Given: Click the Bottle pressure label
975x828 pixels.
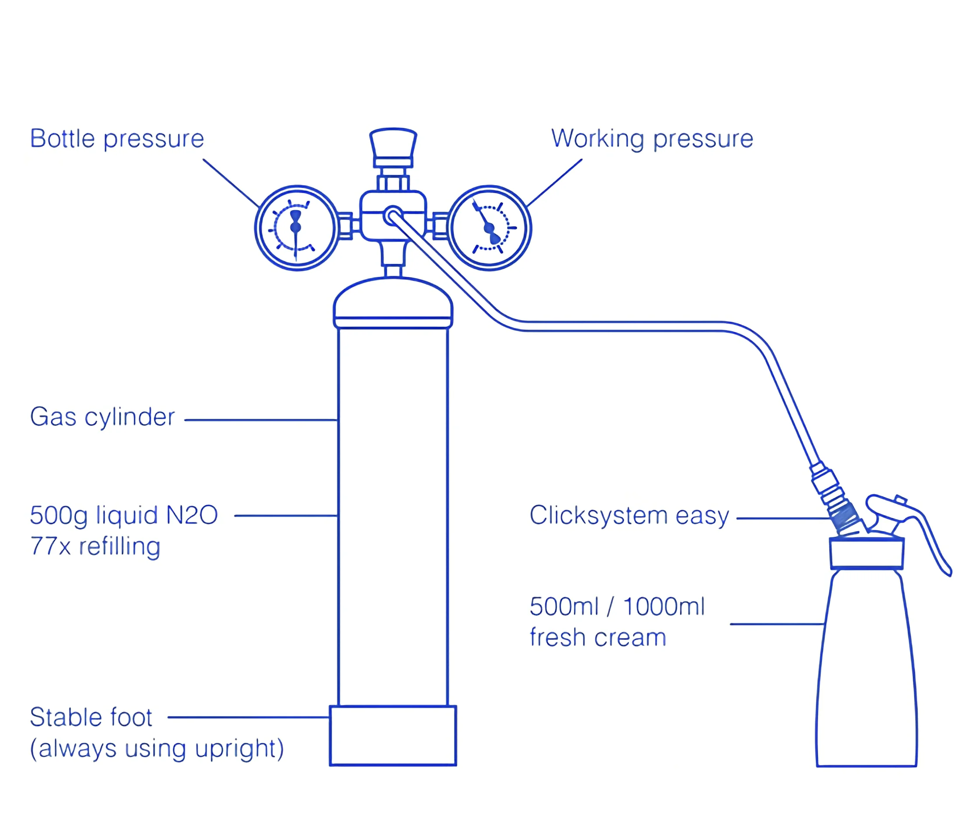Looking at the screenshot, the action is (117, 139).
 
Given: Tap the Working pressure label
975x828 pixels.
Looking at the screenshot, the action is (652, 139).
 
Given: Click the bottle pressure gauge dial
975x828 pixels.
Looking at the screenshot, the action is (297, 228).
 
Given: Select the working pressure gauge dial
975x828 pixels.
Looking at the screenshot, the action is (489, 228).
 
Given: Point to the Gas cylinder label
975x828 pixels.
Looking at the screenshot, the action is (102, 417).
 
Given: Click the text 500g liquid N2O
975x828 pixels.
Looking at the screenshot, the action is (124, 515).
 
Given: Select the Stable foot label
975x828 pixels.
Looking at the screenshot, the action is (91, 717).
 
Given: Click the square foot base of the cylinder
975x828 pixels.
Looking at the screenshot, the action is (393, 735).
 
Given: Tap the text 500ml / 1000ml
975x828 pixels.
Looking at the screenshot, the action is (617, 607).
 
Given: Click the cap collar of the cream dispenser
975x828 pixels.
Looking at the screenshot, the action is (867, 554).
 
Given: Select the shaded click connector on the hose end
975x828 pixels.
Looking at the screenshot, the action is (845, 517).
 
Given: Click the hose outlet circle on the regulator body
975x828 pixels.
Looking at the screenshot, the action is (392, 216).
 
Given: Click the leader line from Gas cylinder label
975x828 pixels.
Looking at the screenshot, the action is (261, 420).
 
